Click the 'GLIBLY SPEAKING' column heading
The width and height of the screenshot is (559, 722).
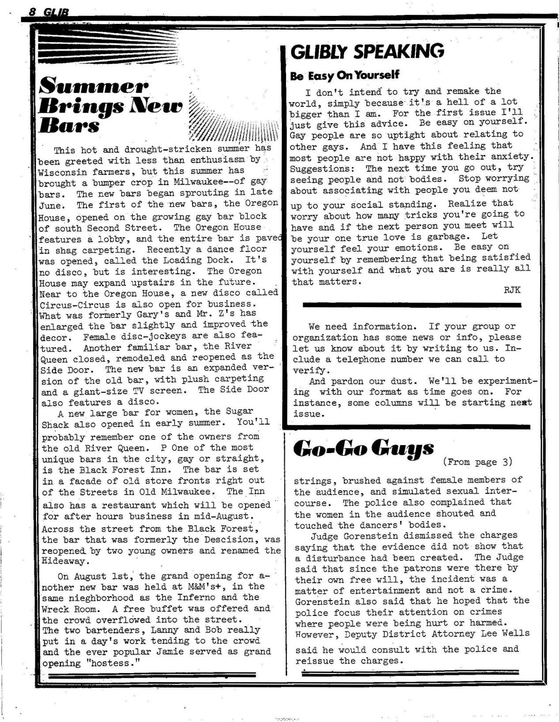point(367,52)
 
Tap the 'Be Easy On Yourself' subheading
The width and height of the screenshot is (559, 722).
point(344,76)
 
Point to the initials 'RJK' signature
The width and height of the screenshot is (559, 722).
point(512,290)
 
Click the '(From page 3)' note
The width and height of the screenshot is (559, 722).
point(477,462)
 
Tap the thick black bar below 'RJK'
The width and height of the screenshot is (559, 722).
point(412,305)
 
